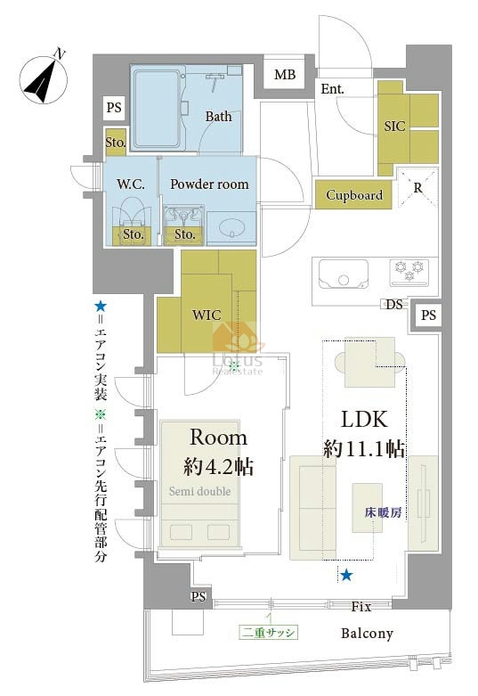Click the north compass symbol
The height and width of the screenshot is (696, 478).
(44, 81)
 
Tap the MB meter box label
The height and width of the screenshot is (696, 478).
(285, 75)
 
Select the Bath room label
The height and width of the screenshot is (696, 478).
(219, 116)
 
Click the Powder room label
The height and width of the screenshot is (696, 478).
(209, 184)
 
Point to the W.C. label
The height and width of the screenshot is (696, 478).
(131, 184)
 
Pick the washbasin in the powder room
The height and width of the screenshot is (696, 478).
(231, 229)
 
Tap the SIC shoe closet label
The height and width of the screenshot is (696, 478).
(394, 127)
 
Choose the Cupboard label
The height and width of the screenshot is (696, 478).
(354, 195)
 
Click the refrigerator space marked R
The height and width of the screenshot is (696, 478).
(417, 188)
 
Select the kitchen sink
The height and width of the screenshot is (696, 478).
(344, 274)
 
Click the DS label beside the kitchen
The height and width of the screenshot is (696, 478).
(393, 305)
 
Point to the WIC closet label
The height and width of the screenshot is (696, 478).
(207, 315)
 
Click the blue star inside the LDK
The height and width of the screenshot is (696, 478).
(346, 576)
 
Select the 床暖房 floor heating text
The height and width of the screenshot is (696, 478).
(384, 512)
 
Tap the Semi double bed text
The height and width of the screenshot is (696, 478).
(200, 491)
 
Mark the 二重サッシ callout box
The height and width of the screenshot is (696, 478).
(269, 633)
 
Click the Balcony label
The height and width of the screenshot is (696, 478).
(367, 634)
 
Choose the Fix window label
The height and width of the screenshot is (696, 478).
(361, 606)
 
